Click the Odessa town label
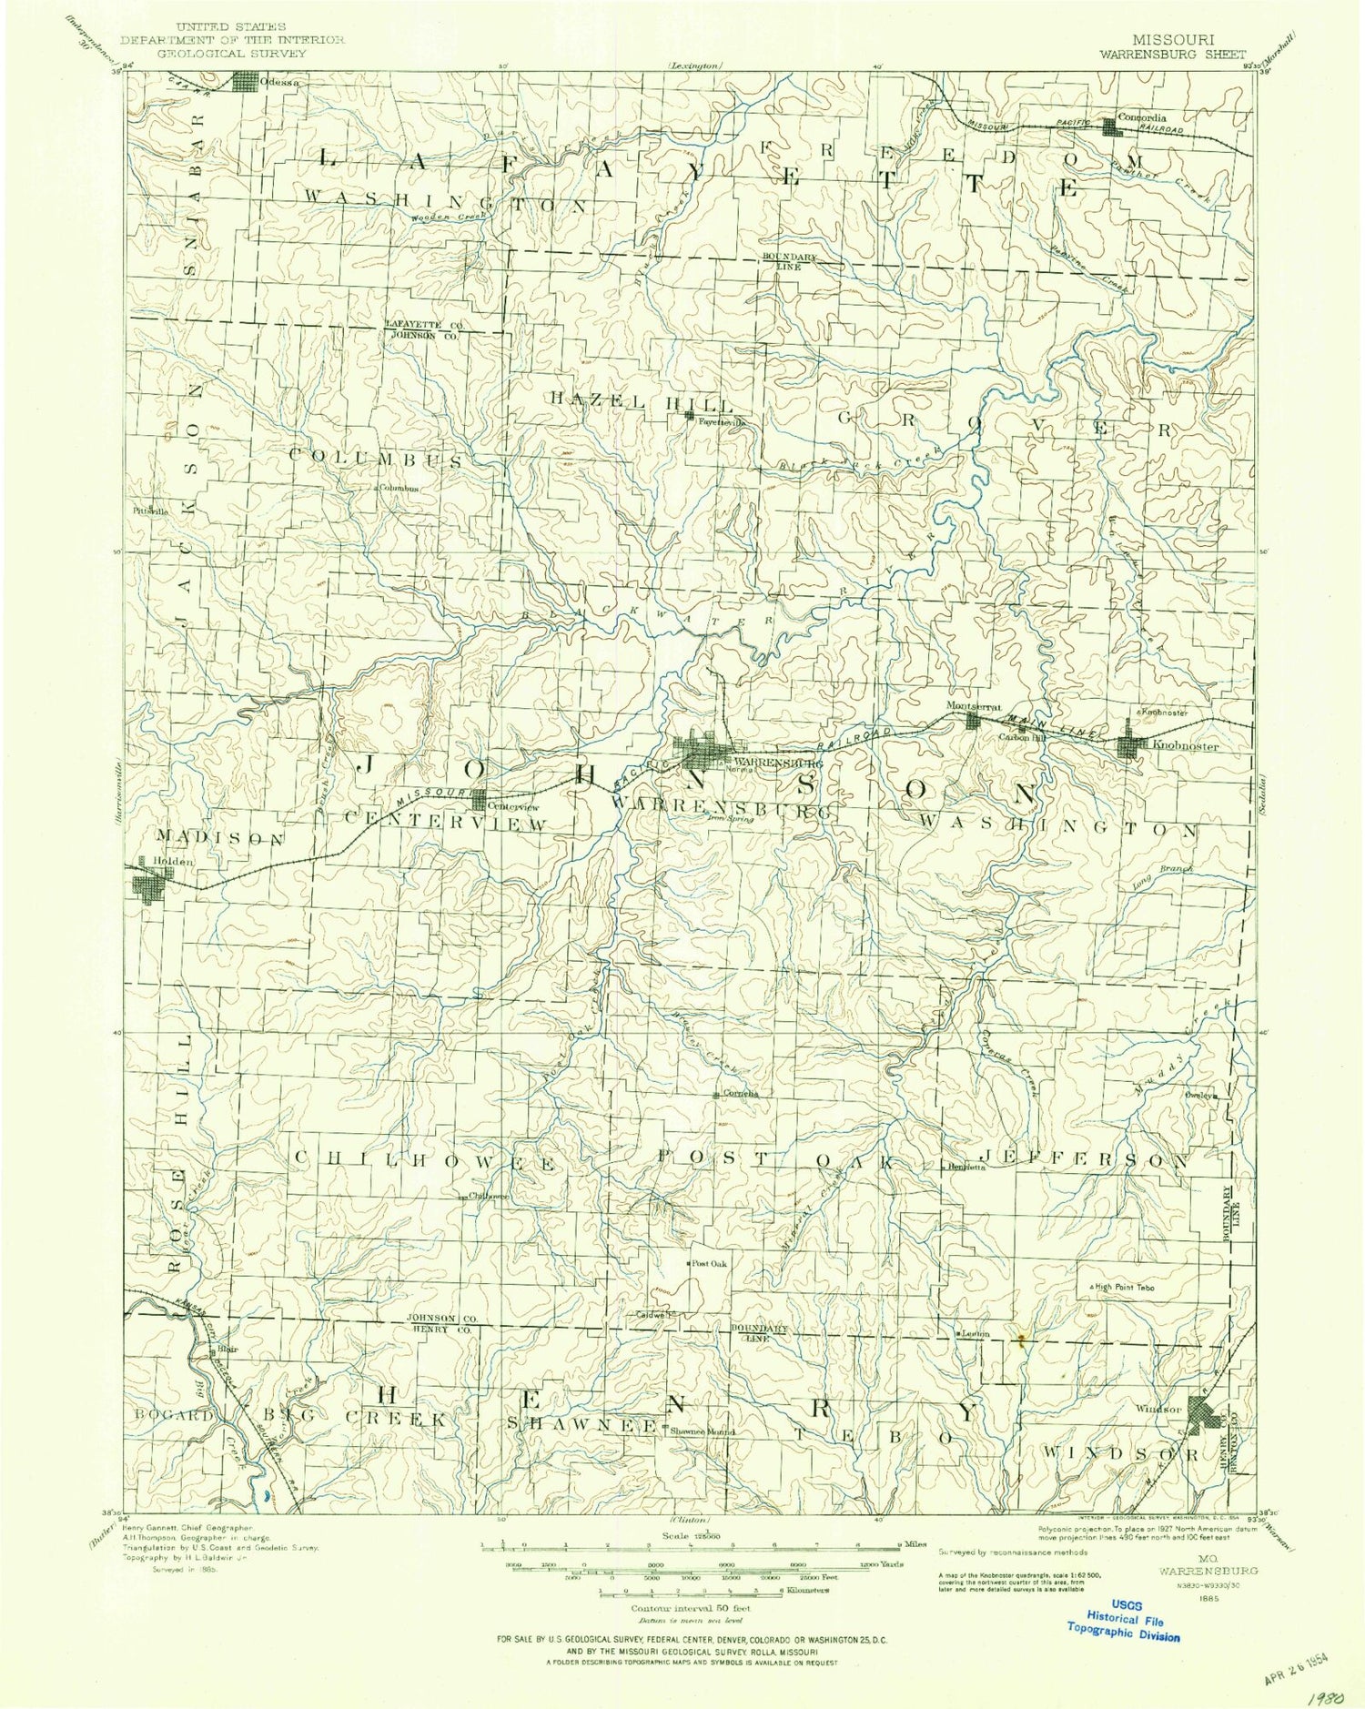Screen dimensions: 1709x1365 [279, 82]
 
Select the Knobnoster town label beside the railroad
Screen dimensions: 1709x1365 [1185, 746]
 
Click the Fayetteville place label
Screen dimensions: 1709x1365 [723, 422]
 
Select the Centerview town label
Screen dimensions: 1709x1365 [514, 806]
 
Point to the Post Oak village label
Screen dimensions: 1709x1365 [710, 1264]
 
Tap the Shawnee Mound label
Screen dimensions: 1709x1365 [702, 1431]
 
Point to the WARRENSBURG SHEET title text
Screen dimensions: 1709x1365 [1172, 54]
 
